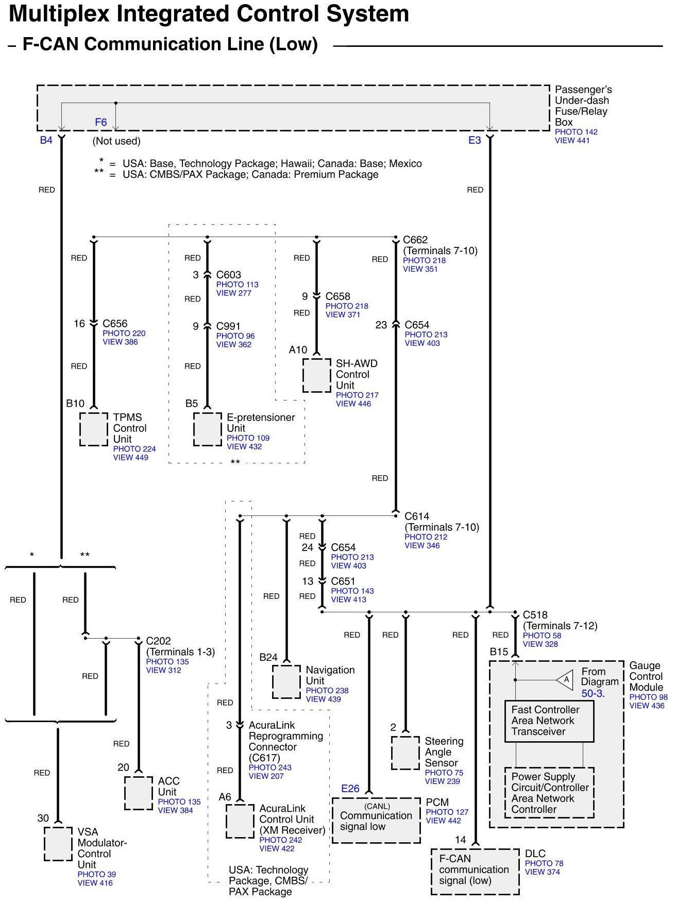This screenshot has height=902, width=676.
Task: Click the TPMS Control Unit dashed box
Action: click(94, 429)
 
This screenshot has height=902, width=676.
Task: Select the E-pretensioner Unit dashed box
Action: click(207, 429)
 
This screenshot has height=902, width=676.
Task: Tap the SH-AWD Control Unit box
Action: click(316, 375)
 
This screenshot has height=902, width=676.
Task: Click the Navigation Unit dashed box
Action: click(286, 681)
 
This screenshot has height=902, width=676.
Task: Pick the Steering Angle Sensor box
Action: click(405, 753)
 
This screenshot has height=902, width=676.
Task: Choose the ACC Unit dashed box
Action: click(138, 793)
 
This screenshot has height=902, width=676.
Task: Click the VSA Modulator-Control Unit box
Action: click(58, 844)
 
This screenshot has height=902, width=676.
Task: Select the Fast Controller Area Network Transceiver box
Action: click(549, 721)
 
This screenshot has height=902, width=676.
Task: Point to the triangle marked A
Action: click(566, 679)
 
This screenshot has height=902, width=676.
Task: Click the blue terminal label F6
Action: click(101, 122)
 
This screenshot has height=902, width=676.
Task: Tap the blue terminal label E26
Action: click(350, 789)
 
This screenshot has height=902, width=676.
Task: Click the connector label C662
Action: click(415, 240)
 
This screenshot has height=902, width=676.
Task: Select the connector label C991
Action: click(228, 326)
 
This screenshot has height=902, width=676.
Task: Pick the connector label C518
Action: click(535, 615)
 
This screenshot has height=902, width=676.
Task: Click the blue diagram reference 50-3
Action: click(592, 693)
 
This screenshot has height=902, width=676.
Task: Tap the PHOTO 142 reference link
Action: click(576, 132)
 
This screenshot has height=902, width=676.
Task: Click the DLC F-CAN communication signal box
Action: click(475, 871)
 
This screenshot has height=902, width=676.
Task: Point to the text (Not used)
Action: click(116, 141)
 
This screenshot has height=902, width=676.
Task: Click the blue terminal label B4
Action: click(46, 140)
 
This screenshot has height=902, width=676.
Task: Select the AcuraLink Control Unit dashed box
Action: click(240, 821)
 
